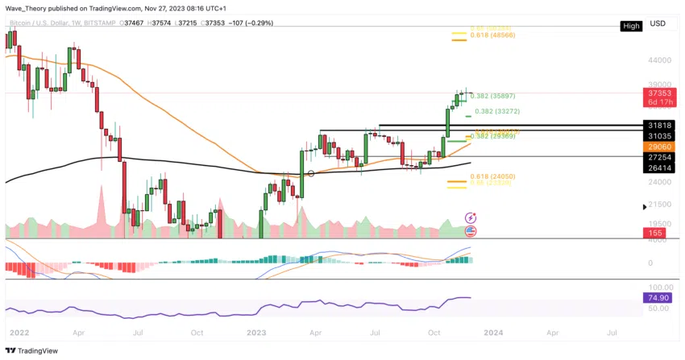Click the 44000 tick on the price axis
[x=658, y=60]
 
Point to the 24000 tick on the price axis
[x=658, y=183]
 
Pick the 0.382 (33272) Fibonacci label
[x=504, y=111]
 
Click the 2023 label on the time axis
[x=258, y=331]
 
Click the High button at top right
[x=631, y=27]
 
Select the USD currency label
[x=658, y=23]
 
